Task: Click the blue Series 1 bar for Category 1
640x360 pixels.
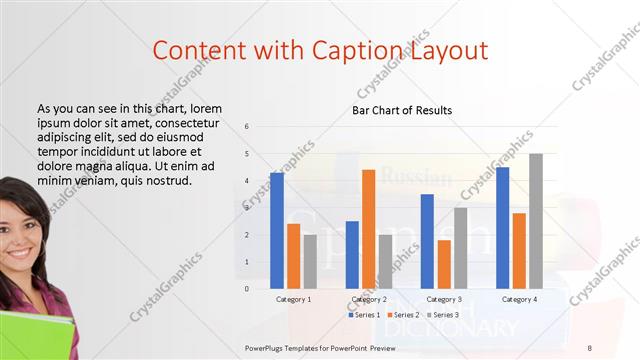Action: point(277,230)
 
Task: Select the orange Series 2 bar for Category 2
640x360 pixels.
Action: point(368,229)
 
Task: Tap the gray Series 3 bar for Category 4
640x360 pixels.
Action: point(536,221)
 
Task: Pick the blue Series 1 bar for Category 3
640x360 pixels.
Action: point(427,241)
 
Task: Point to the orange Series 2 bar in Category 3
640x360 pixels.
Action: point(444,264)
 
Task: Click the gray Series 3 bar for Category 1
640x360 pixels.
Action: point(310,261)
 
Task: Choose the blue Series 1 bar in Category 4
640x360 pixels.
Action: point(502,227)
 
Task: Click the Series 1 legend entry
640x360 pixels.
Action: point(364,315)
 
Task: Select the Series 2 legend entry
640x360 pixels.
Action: point(406,315)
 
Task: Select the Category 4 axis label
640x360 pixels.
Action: point(519,299)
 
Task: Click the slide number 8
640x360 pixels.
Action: point(589,346)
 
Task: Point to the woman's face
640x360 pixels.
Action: point(22,235)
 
